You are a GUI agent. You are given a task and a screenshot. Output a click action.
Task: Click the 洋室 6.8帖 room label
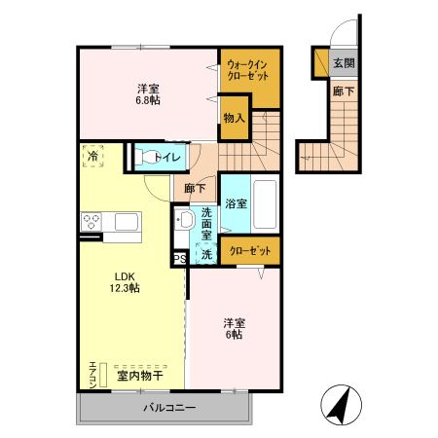[147, 91]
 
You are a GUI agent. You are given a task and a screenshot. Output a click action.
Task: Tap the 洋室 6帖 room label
[233, 328]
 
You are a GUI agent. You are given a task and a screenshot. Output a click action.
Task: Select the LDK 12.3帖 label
[123, 281]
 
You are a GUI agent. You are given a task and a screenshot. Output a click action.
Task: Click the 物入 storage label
[234, 118]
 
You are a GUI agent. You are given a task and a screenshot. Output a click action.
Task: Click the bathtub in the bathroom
[264, 203]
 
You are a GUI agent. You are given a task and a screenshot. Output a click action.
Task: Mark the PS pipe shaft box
[179, 259]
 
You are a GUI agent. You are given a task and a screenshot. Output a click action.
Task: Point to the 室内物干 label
[139, 374]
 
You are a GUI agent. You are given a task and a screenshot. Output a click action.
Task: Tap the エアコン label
[92, 374]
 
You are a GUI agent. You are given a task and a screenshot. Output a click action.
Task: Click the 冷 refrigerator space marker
[93, 156]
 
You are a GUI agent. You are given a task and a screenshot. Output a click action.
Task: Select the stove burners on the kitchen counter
[92, 221]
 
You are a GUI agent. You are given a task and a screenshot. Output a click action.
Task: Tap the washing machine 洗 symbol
[206, 255]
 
